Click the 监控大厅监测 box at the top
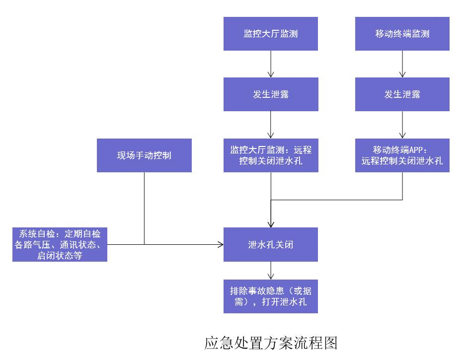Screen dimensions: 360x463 (x=270, y=34)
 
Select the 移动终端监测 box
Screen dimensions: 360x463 (x=402, y=34)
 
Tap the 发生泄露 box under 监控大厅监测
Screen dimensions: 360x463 (x=270, y=94)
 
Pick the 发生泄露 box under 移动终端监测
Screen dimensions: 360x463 (x=402, y=94)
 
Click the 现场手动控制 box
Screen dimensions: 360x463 (x=144, y=155)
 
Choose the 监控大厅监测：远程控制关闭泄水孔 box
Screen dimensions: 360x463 (x=270, y=155)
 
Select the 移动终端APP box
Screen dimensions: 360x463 (x=402, y=155)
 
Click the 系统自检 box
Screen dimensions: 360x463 (x=60, y=244)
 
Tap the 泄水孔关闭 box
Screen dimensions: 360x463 (x=270, y=244)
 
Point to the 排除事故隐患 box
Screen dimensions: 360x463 (x=270, y=296)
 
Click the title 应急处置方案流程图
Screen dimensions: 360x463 (x=271, y=343)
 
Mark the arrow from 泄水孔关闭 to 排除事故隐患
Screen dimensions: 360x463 (x=270, y=270)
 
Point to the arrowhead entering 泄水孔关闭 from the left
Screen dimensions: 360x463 (x=220, y=244)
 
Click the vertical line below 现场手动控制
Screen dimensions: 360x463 (x=144, y=209)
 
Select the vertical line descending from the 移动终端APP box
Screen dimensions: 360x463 (x=402, y=186)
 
